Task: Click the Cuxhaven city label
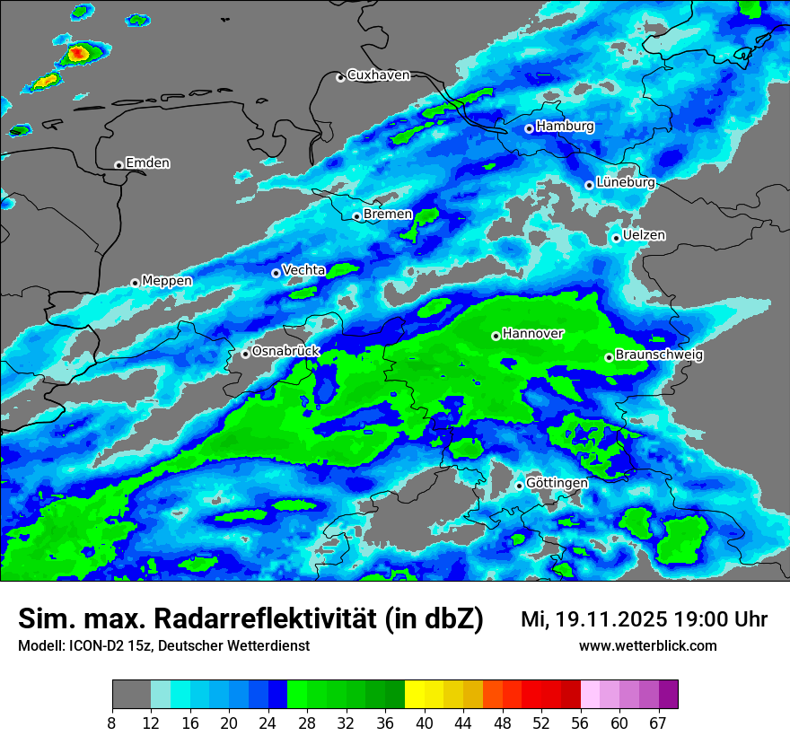pos(378,75)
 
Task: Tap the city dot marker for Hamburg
pos(529,128)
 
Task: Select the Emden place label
pos(147,163)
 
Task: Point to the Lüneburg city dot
pos(589,185)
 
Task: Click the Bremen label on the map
pos(388,215)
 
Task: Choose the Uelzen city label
pos(644,235)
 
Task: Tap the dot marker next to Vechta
pos(276,273)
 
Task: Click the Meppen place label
pos(167,281)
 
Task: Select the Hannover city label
pos(533,334)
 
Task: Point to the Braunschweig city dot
pos(609,357)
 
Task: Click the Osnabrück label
pos(285,352)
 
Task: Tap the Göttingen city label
pos(557,483)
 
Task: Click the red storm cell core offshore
pos(78,54)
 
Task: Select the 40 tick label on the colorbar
pos(425,723)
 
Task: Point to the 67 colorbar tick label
pos(658,723)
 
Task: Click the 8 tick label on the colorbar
pos(113,723)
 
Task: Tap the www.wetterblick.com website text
pos(647,646)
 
